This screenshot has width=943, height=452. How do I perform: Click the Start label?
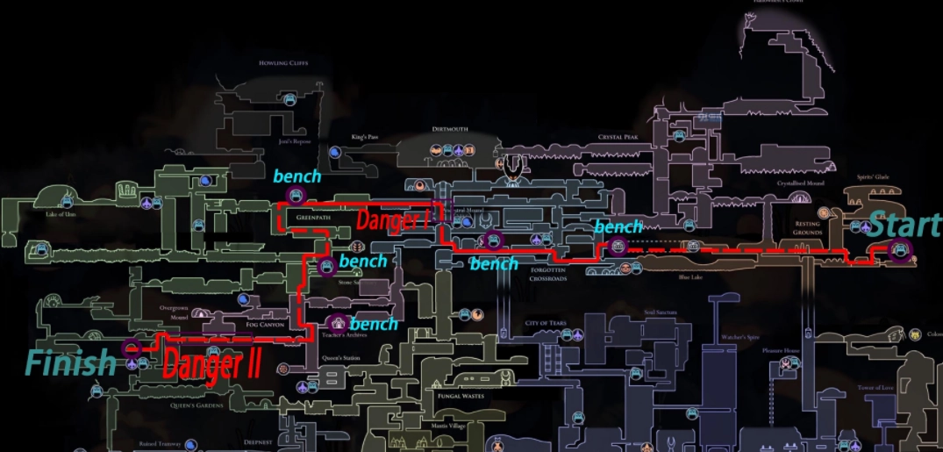[903, 225]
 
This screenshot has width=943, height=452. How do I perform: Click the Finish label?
[70, 362]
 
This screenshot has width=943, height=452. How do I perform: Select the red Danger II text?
[211, 362]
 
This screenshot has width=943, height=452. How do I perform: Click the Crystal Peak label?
[622, 137]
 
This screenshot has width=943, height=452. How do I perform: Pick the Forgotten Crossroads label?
[547, 274]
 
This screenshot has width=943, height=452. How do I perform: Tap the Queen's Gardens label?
[196, 405]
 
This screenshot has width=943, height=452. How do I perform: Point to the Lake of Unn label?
[65, 212]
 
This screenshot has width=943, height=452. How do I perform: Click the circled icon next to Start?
[899, 251]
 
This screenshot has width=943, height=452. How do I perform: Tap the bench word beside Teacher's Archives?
[374, 324]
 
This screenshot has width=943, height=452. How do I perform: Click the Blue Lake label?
[690, 276]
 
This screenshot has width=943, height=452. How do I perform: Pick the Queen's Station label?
[342, 357]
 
